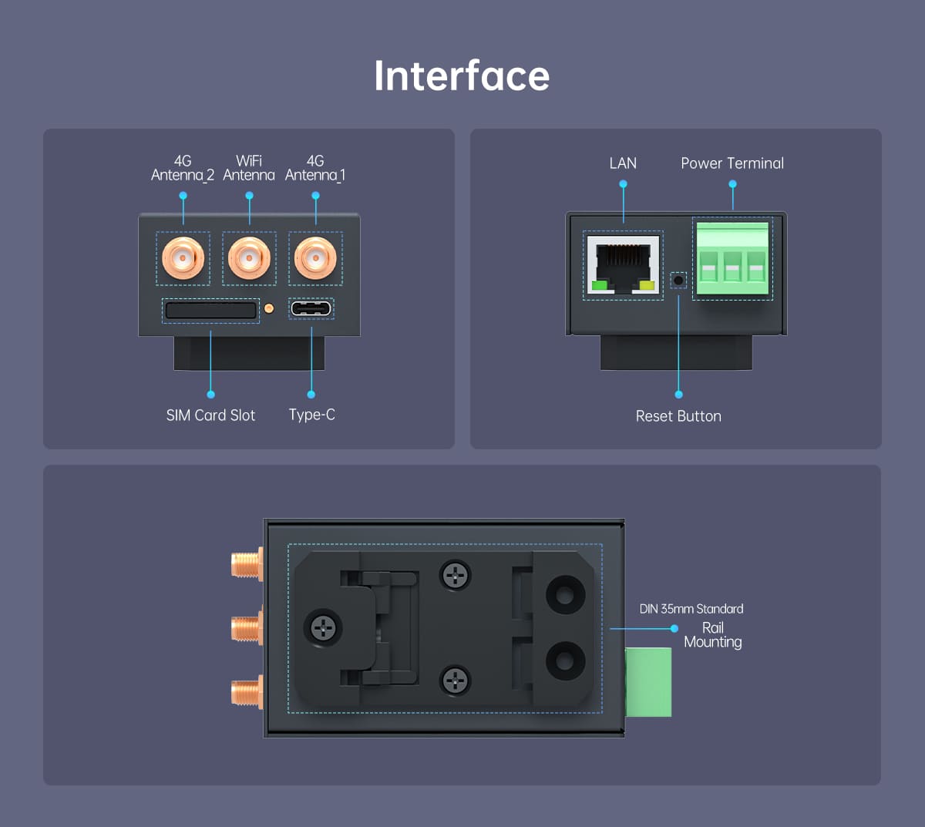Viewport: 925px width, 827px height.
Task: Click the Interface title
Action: (x=462, y=76)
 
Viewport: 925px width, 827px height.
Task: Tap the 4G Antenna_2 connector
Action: (x=183, y=258)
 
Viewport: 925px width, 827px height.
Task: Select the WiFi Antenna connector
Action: (x=249, y=258)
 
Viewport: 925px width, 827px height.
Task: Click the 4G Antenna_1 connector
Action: (x=315, y=258)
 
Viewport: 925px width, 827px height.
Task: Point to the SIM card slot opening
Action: (x=210, y=311)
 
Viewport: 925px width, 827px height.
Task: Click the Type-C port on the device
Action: (x=311, y=309)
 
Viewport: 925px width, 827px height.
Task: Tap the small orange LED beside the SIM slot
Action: (x=269, y=308)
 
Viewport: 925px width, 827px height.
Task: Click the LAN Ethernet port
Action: (x=623, y=265)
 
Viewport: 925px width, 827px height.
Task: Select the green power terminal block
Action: (x=732, y=259)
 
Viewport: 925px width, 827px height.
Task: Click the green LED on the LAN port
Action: (x=600, y=287)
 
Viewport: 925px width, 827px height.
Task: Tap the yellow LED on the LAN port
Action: (x=647, y=287)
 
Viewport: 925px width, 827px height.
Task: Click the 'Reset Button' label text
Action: (x=678, y=416)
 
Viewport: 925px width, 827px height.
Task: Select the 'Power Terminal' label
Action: (x=732, y=163)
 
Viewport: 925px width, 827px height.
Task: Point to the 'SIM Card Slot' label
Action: (x=210, y=415)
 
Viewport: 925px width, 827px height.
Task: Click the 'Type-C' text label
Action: (x=311, y=415)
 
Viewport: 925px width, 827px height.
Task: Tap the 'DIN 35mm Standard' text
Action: (x=691, y=609)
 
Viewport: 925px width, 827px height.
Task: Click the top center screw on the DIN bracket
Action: (x=455, y=574)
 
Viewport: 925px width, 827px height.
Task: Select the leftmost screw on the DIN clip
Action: (x=324, y=627)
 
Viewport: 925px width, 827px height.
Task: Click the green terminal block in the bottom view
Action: (x=648, y=682)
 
